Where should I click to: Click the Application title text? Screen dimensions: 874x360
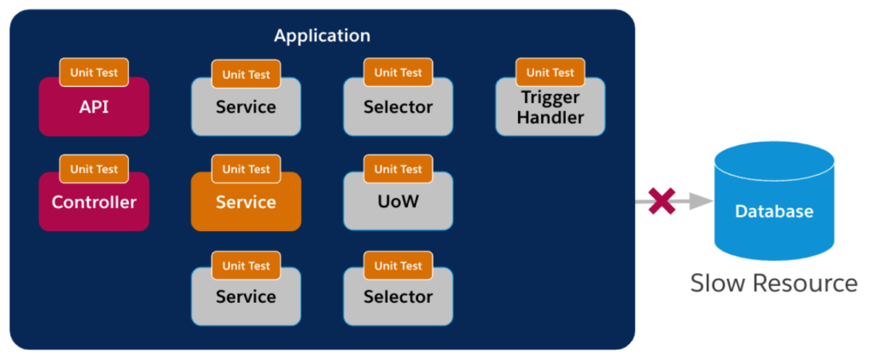(x=322, y=36)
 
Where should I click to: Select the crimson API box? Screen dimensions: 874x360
(x=94, y=107)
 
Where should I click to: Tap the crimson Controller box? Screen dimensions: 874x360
(x=94, y=201)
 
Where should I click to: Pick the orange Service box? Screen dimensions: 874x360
(x=247, y=201)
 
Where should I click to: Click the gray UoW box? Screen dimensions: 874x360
(x=398, y=201)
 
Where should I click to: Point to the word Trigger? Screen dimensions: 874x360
(x=551, y=98)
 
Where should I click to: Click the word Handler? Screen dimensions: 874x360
(x=551, y=118)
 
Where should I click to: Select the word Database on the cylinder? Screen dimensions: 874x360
(x=774, y=212)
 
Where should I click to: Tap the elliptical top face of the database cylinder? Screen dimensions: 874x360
(x=774, y=161)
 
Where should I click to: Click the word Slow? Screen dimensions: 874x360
(x=716, y=283)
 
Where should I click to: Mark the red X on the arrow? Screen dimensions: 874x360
(x=661, y=200)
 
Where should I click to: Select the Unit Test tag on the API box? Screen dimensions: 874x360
(x=94, y=73)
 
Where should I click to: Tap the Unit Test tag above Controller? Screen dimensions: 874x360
(x=94, y=169)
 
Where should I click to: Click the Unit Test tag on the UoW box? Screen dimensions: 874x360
(x=398, y=169)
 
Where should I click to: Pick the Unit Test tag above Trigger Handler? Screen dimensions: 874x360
(x=551, y=73)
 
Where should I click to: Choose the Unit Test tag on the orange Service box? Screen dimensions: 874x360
(x=247, y=169)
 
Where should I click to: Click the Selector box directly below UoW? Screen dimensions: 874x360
(x=398, y=297)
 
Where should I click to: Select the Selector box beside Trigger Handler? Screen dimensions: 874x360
(x=398, y=107)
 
